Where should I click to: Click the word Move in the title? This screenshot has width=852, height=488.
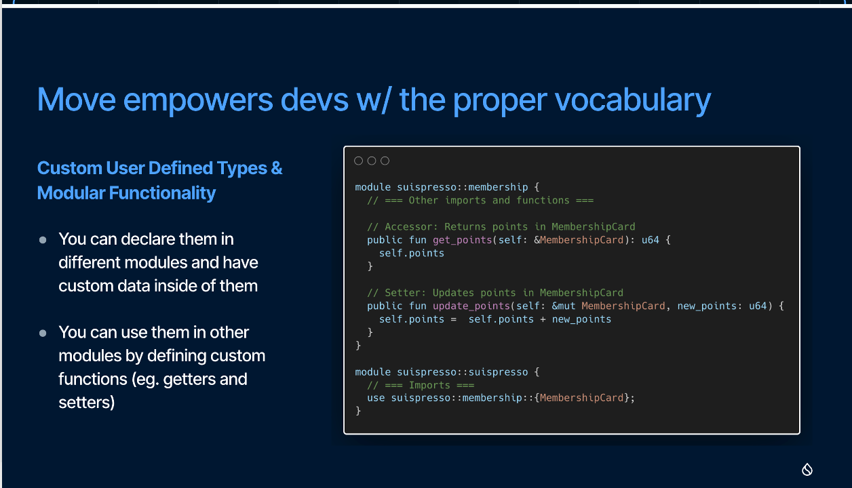coord(77,99)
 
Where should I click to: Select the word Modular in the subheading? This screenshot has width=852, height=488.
coord(71,192)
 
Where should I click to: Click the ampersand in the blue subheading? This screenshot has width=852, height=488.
coord(277,168)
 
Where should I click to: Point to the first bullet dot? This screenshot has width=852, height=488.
coord(43,240)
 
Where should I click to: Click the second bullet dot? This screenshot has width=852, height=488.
coord(43,333)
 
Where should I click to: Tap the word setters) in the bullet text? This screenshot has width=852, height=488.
coord(87,403)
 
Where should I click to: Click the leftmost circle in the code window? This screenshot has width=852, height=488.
coord(358,161)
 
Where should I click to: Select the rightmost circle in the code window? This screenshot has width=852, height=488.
coord(385,161)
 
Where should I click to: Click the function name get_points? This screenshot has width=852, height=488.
coord(463,240)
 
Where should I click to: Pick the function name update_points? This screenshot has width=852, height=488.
coord(471,306)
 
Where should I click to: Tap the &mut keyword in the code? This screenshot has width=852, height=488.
coord(564,306)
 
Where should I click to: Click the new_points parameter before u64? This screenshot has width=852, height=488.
coord(707,306)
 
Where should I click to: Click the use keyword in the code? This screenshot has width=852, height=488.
coord(376,398)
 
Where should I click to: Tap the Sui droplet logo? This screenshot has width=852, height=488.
coord(807,470)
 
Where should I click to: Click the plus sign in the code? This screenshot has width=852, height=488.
coord(543,319)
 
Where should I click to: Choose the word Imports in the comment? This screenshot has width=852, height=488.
coord(429,386)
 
